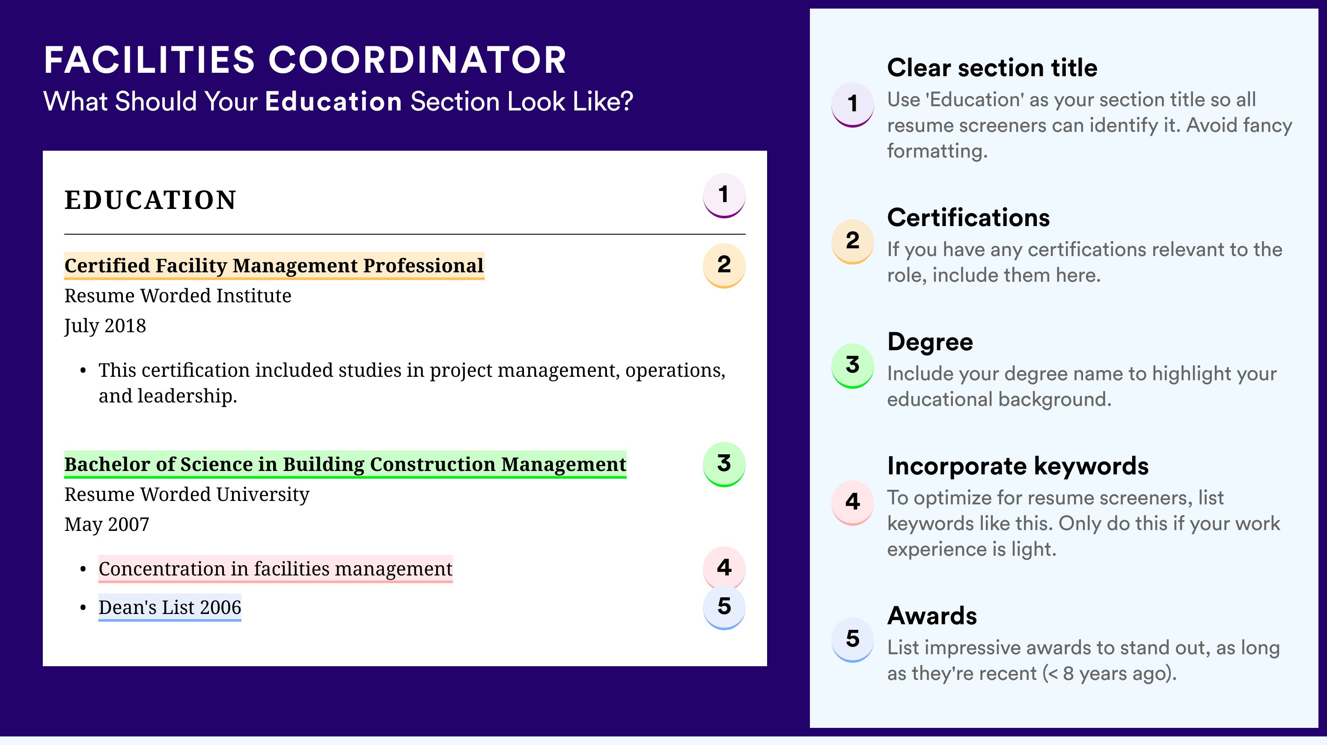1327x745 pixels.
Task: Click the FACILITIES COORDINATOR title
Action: coord(305,60)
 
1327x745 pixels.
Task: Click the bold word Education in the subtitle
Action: coord(333,101)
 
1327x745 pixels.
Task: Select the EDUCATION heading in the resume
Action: coord(150,200)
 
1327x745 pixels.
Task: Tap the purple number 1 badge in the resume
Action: coord(724,195)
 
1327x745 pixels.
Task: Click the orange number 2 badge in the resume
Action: coord(724,265)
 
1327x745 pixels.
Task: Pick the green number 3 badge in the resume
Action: coord(724,464)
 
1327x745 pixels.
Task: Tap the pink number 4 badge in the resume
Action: coord(724,568)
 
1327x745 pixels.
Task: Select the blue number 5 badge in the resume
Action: coord(724,607)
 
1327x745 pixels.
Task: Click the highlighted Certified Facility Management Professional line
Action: coord(274,266)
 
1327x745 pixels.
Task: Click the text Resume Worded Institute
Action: coord(178,296)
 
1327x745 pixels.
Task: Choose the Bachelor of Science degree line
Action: coord(345,465)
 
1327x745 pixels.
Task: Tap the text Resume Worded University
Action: coord(187,495)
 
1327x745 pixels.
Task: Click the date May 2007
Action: coord(107,524)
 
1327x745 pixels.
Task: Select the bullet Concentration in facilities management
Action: coord(276,569)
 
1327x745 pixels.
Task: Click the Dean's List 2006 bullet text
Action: coord(170,608)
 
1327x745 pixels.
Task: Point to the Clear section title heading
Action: coord(992,68)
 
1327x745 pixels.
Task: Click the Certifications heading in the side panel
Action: coord(968,218)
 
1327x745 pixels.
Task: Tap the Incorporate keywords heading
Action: coord(1018,466)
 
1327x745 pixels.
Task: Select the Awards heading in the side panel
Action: coord(932,616)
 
